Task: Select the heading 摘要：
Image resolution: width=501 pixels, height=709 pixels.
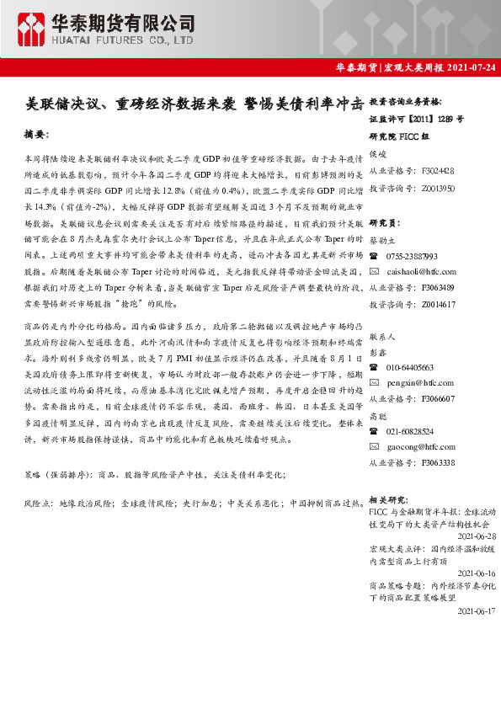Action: [x=39, y=134]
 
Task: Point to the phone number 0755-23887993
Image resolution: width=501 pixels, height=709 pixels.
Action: [x=412, y=256]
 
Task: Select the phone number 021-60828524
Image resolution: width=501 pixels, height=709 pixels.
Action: [x=411, y=431]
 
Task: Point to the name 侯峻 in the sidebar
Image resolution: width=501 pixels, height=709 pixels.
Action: [x=378, y=154]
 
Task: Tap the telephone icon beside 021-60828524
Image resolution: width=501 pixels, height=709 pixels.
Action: [x=375, y=431]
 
